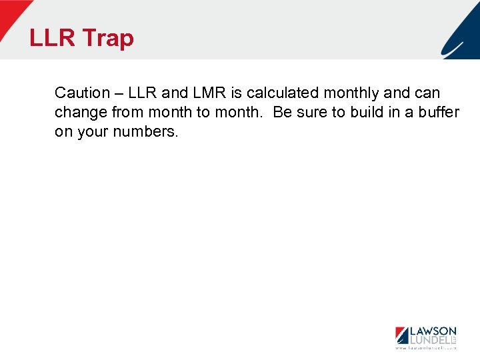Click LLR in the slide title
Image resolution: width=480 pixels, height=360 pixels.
click(x=53, y=39)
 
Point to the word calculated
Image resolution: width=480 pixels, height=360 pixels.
click(x=283, y=93)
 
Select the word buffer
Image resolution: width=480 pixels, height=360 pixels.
click(x=439, y=112)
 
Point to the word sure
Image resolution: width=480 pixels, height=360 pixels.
click(x=312, y=112)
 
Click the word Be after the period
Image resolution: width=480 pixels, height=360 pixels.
click(x=283, y=112)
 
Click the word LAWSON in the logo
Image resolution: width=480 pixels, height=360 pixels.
click(x=433, y=331)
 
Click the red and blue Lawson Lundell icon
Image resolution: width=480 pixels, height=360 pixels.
click(x=401, y=335)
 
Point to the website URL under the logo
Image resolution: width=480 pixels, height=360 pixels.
click(x=425, y=348)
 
